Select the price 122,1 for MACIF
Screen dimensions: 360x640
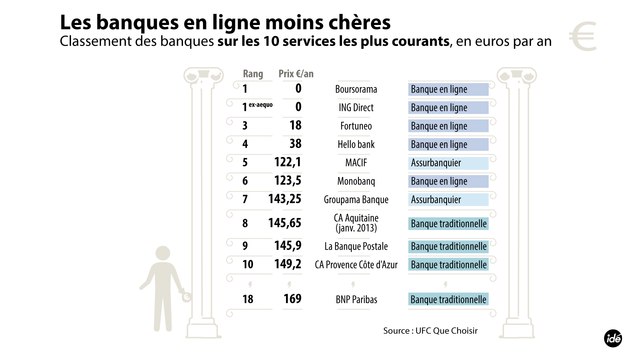click(285, 161)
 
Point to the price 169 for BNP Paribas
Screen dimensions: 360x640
click(290, 298)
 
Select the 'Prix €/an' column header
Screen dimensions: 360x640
click(294, 73)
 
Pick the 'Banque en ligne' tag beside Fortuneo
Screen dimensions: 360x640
click(447, 125)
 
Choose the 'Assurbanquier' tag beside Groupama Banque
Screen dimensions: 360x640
click(447, 198)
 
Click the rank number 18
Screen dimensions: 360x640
click(248, 298)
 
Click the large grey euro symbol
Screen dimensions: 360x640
click(581, 37)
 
